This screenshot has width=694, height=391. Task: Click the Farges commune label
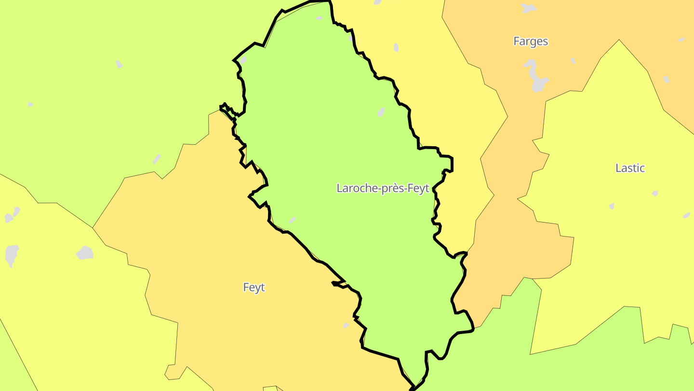531,42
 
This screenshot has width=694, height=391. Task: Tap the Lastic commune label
630,168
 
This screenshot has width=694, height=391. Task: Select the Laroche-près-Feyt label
383,188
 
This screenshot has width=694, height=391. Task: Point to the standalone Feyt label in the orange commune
254,288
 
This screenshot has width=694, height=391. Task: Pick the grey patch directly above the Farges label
528,8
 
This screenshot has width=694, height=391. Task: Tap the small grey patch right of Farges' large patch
573,61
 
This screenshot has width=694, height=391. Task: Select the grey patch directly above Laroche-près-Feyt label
381,112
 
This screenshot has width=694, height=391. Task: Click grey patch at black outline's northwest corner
243,60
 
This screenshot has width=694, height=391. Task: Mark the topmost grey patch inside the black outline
319,18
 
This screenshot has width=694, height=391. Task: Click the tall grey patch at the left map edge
12,255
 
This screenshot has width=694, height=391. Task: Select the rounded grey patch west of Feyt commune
85,253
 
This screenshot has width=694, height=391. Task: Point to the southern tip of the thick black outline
413,388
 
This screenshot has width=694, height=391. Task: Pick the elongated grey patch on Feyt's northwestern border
157,159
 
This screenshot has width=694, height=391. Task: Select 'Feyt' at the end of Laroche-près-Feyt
418,188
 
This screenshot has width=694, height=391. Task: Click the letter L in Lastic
618,168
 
